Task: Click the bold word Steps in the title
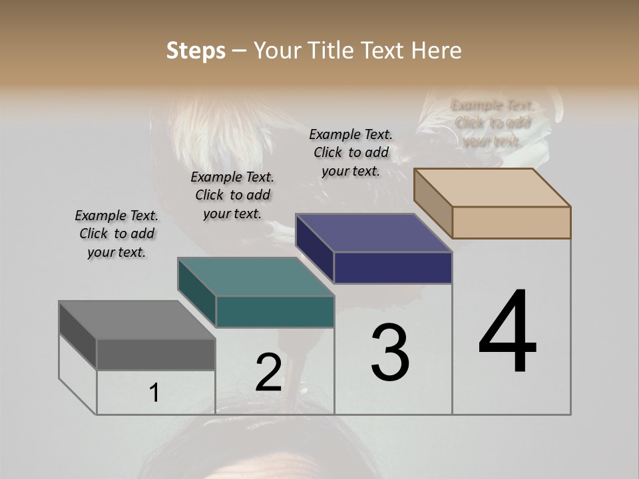click(196, 51)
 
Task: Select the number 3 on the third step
click(390, 353)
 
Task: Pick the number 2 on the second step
click(268, 373)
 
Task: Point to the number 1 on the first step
click(154, 393)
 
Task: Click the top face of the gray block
click(137, 320)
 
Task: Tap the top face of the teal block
click(256, 277)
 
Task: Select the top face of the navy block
click(373, 233)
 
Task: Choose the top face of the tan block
click(493, 188)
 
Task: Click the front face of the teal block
click(275, 312)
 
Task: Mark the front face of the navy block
click(393, 268)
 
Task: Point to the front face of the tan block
click(511, 222)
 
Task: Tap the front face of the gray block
click(156, 355)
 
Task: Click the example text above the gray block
click(116, 234)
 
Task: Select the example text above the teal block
click(232, 195)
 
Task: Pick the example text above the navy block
click(351, 152)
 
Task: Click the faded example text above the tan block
click(492, 123)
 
